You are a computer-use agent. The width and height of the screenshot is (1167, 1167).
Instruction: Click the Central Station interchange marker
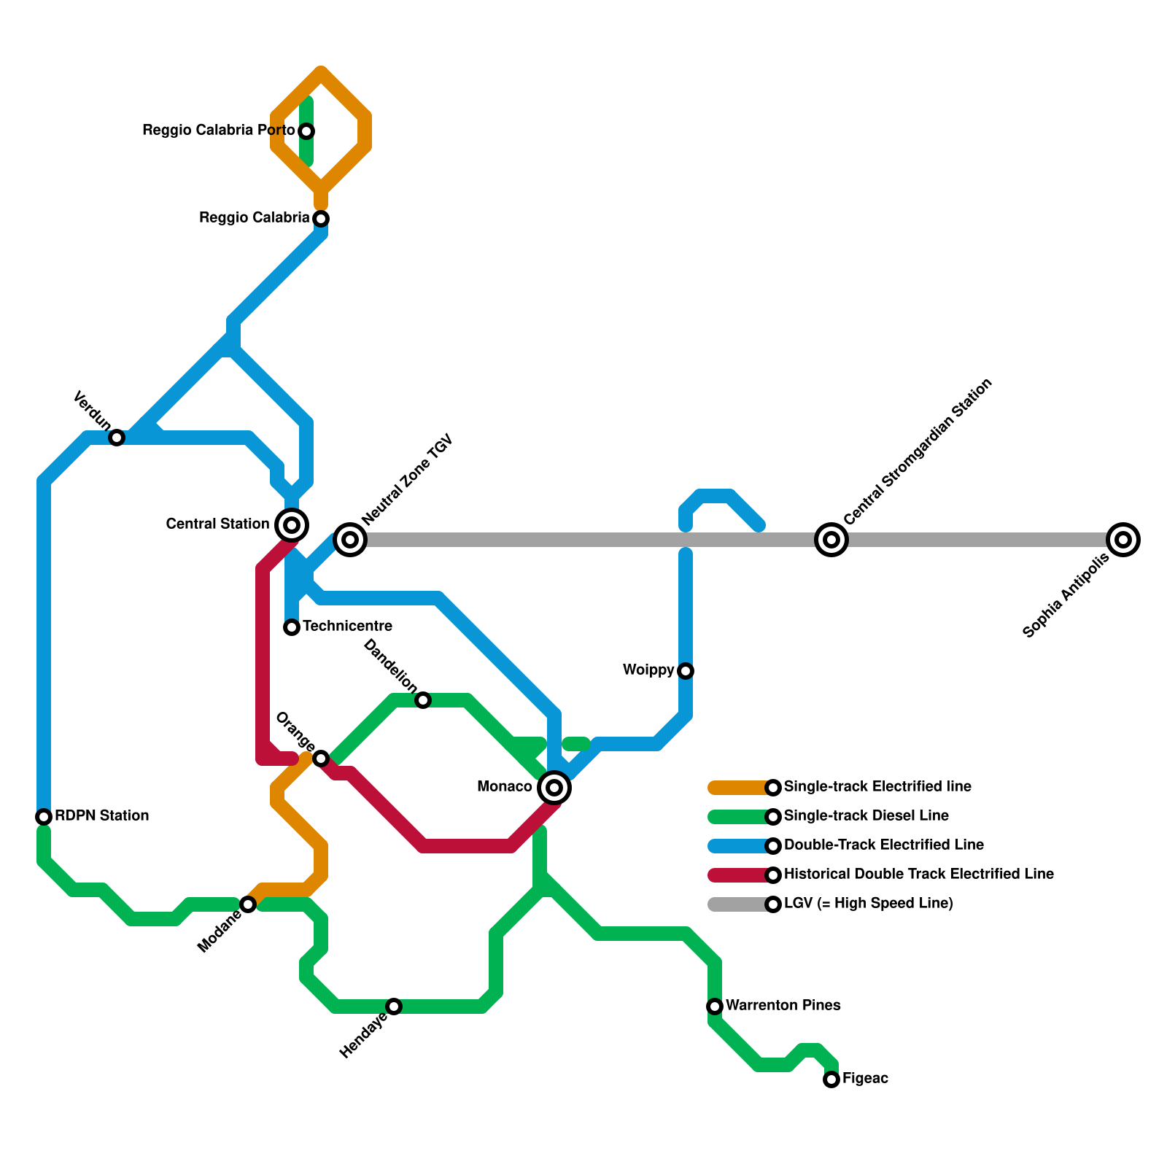[292, 524]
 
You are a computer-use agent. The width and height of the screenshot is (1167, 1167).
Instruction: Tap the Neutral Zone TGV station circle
[350, 540]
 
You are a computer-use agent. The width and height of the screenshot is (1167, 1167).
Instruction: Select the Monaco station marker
[554, 788]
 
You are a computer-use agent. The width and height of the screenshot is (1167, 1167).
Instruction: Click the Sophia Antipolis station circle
[1123, 540]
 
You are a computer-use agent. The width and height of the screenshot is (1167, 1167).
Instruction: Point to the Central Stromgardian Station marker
[831, 540]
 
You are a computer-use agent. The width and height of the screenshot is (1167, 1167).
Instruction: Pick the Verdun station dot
[117, 438]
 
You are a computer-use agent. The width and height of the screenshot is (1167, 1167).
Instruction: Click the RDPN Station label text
[101, 815]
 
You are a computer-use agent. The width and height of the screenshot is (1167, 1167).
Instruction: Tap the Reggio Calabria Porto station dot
[307, 131]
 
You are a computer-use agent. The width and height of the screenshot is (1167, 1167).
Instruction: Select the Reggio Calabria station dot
[321, 219]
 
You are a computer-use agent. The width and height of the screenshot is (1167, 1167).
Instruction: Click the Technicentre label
[347, 626]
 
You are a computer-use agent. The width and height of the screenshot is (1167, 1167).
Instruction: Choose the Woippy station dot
[686, 671]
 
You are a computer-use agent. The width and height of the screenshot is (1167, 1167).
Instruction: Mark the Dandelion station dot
[423, 700]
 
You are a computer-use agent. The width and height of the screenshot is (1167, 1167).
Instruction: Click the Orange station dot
[321, 759]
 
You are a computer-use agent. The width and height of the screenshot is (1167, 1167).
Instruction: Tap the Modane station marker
[248, 904]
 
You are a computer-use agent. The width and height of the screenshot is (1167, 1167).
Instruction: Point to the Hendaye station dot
[394, 1007]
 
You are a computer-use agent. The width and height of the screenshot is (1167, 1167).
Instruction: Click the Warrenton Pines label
[783, 1005]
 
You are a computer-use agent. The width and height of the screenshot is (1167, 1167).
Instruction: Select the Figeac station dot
[831, 1079]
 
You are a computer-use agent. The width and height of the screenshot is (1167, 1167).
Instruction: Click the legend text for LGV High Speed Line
[868, 904]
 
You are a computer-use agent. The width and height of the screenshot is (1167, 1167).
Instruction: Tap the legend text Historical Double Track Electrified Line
[918, 874]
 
